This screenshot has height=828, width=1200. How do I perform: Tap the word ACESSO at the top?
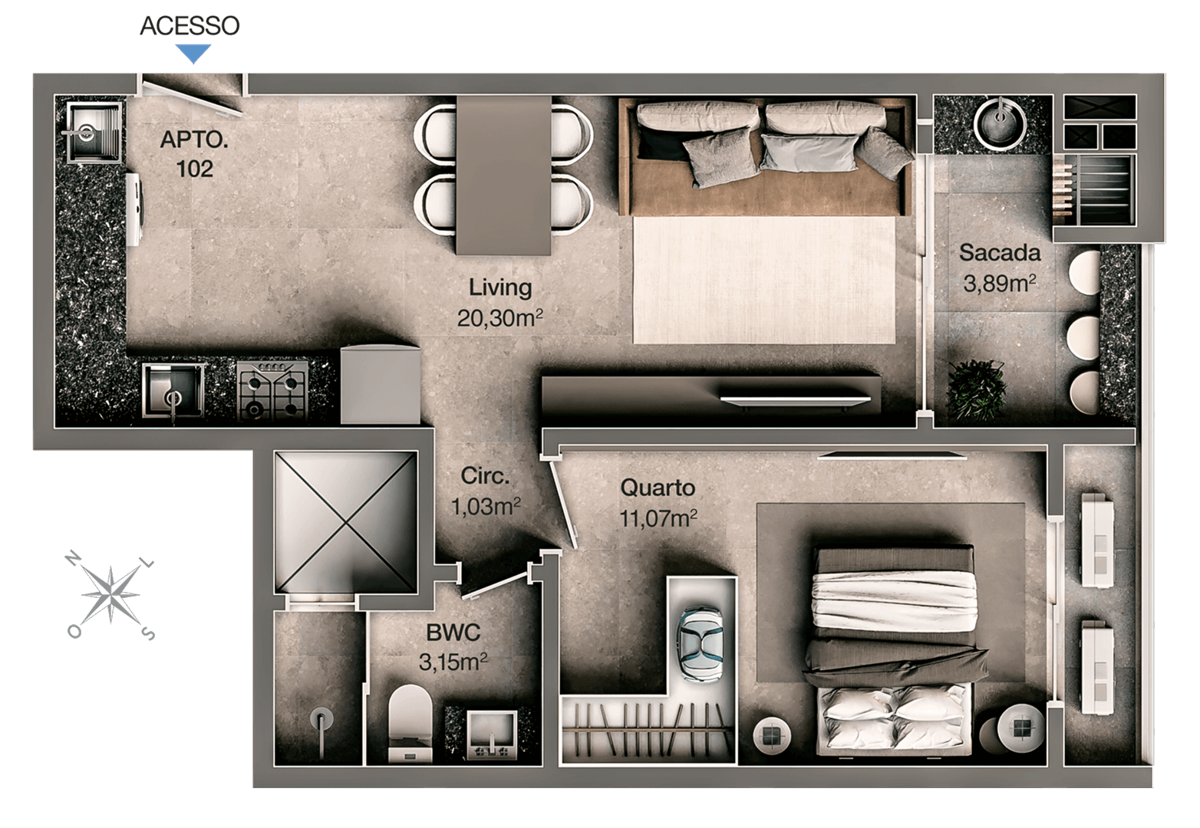tap(190, 26)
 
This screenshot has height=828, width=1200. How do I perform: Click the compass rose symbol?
tap(110, 594)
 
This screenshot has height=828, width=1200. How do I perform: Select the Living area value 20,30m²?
tap(499, 318)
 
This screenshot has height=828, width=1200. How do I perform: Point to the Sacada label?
tap(1000, 253)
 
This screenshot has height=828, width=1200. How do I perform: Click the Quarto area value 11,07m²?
tap(658, 518)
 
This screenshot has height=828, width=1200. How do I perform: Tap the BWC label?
tap(453, 632)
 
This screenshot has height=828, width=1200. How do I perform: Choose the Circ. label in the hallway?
tap(485, 476)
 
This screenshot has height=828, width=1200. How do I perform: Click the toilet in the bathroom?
tap(410, 723)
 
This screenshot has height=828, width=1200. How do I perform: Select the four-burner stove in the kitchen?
tap(272, 390)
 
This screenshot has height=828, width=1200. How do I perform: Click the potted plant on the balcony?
tap(976, 389)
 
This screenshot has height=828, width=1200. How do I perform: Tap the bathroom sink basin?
tap(492, 735)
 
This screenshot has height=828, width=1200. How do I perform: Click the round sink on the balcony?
tap(1000, 123)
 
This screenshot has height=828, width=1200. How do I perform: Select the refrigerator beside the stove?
tap(381, 385)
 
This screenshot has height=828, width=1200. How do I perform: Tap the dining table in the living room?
tap(503, 176)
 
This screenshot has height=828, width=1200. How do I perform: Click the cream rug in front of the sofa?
tap(764, 280)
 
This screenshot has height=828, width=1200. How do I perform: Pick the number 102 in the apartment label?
tap(194, 169)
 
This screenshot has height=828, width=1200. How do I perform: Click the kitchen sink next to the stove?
tap(173, 392)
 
